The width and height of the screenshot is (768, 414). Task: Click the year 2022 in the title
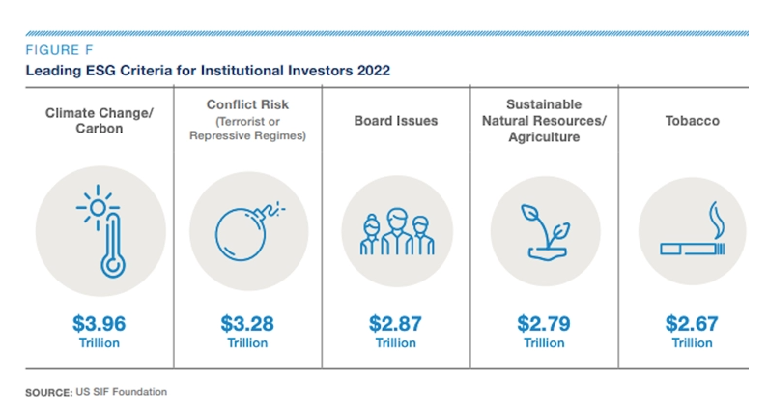tap(372, 72)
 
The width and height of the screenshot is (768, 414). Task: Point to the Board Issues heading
tap(395, 121)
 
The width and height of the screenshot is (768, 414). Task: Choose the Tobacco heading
tap(692, 121)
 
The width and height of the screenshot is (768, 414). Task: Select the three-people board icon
tap(395, 232)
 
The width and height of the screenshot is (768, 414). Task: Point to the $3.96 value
tap(99, 322)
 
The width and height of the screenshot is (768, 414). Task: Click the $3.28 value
tap(247, 322)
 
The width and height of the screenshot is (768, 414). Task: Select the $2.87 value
tap(395, 322)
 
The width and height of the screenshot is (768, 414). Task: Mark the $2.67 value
tap(692, 322)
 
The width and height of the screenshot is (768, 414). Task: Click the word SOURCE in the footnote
tap(45, 391)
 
